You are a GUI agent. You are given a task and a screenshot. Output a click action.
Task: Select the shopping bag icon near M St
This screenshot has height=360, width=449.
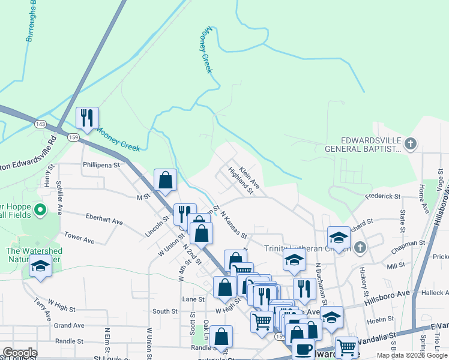tap(165, 179)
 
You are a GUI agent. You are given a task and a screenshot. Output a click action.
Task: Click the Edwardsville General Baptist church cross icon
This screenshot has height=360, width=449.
tap(410, 143)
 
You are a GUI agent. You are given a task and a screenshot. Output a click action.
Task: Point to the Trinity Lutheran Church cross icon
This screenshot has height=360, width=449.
tap(360, 247)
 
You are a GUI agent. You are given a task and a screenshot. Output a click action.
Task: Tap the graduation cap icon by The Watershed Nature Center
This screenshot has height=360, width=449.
tap(40, 265)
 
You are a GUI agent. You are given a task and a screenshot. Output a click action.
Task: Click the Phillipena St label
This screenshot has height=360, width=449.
tap(101, 164)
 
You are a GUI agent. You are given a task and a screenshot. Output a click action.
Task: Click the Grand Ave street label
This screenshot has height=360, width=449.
tap(69, 326)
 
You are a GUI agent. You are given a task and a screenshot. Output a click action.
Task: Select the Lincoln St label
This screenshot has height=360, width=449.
tap(158, 226)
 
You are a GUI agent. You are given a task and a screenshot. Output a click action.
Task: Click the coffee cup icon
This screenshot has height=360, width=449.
tap(303, 349)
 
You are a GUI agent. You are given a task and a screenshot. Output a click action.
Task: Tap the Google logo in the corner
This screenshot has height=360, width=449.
tap(20, 352)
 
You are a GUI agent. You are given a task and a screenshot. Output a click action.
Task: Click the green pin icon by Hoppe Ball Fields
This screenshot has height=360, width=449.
tap(40, 210)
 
